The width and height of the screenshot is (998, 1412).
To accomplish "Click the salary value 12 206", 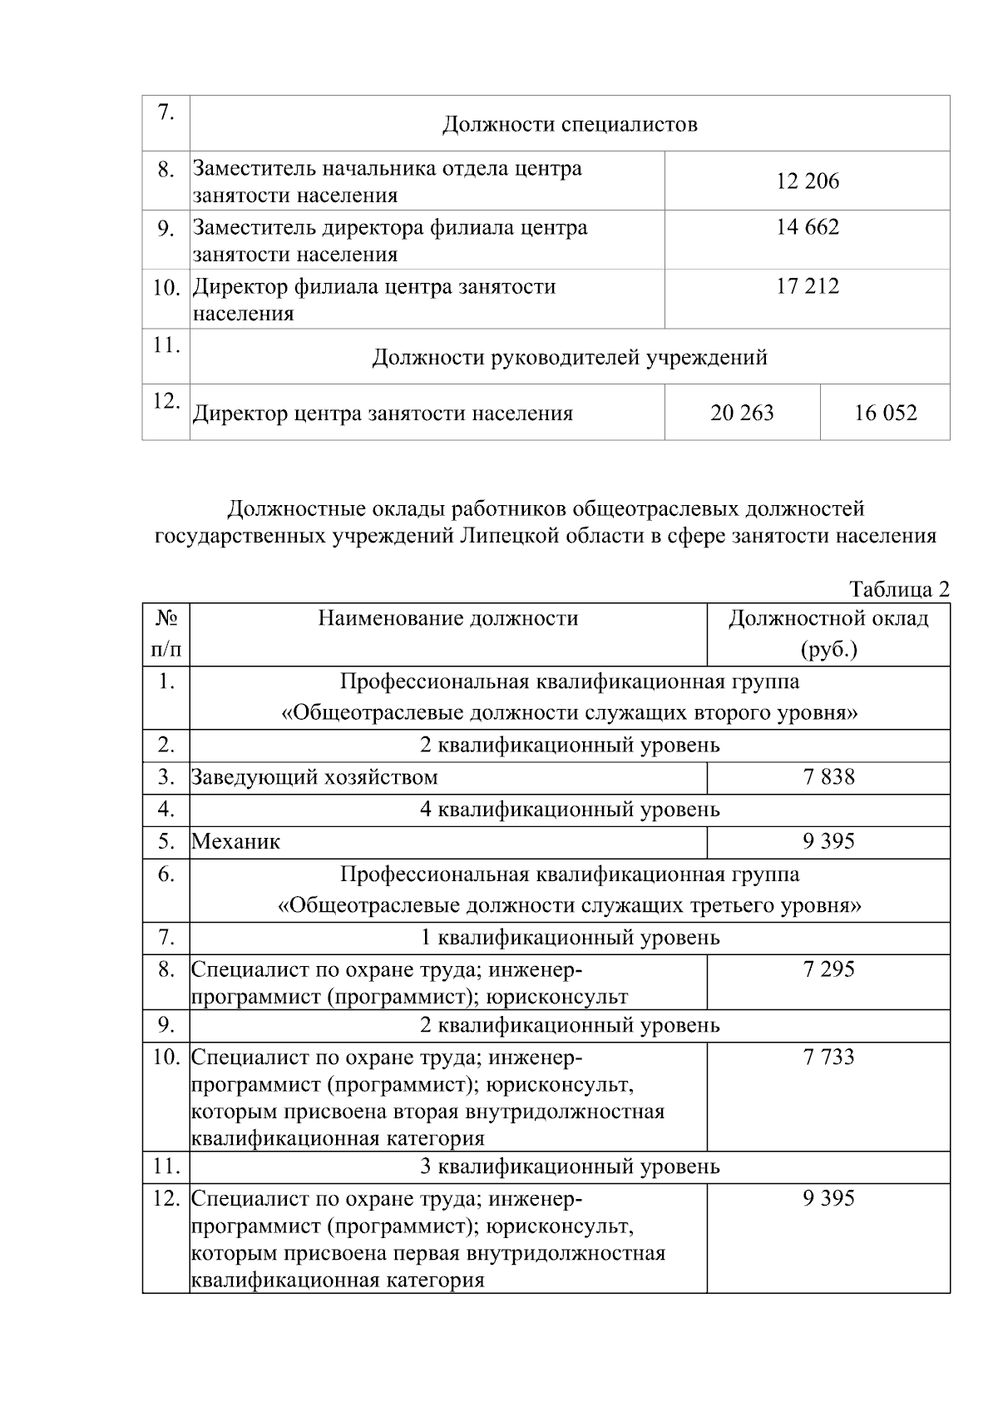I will (x=808, y=181).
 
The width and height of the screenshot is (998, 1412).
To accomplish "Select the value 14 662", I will (x=808, y=227).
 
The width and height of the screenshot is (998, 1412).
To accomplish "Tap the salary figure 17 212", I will (x=808, y=287).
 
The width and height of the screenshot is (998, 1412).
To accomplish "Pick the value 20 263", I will (x=742, y=413).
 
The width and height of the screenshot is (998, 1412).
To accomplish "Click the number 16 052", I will (x=885, y=413).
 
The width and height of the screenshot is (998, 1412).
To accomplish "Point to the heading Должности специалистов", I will (x=570, y=125).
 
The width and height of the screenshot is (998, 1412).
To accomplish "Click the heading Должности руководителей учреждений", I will (x=570, y=358).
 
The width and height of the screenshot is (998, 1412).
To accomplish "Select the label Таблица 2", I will (x=899, y=589).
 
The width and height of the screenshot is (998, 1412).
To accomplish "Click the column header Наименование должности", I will (x=447, y=618).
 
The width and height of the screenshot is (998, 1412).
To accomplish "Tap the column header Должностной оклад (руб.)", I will (x=828, y=634).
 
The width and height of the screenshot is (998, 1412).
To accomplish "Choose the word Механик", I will (x=236, y=841).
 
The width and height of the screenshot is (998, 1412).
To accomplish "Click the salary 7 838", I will (x=828, y=777).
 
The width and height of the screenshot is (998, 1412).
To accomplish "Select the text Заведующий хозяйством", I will (x=314, y=777).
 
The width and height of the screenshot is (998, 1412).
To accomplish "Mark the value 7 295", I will (x=828, y=969).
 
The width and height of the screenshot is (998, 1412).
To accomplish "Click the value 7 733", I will (x=828, y=1058).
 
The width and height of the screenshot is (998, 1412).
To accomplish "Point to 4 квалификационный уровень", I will (x=570, y=810).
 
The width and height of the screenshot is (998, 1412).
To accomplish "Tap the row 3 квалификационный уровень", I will (x=570, y=1167).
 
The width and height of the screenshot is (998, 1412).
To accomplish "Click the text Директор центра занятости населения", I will (x=383, y=414).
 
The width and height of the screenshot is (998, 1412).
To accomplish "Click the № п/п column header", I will (x=166, y=634).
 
